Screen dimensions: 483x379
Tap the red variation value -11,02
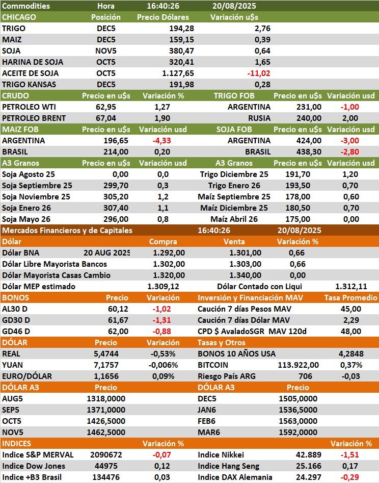[x=258, y=73]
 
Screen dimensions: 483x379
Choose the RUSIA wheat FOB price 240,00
[x=309, y=118]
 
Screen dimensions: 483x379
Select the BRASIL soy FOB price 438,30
[x=309, y=151]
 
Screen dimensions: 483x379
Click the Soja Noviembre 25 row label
[x=36, y=196]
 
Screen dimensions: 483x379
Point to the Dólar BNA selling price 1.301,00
[x=245, y=252]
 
